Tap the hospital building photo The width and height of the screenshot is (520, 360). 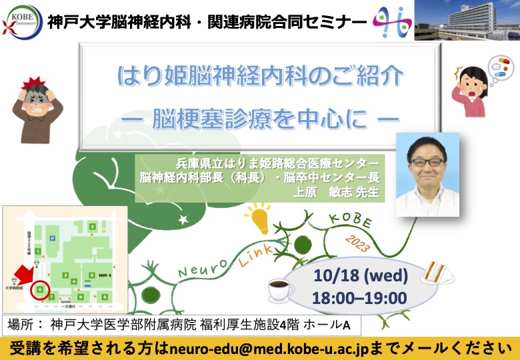tap(467, 20)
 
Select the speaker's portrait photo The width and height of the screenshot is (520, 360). tap(427, 173)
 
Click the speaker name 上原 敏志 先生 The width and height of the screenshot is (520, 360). tap(341, 192)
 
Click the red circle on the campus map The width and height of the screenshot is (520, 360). tap(41, 290)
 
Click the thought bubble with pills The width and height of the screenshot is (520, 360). tap(499, 69)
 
